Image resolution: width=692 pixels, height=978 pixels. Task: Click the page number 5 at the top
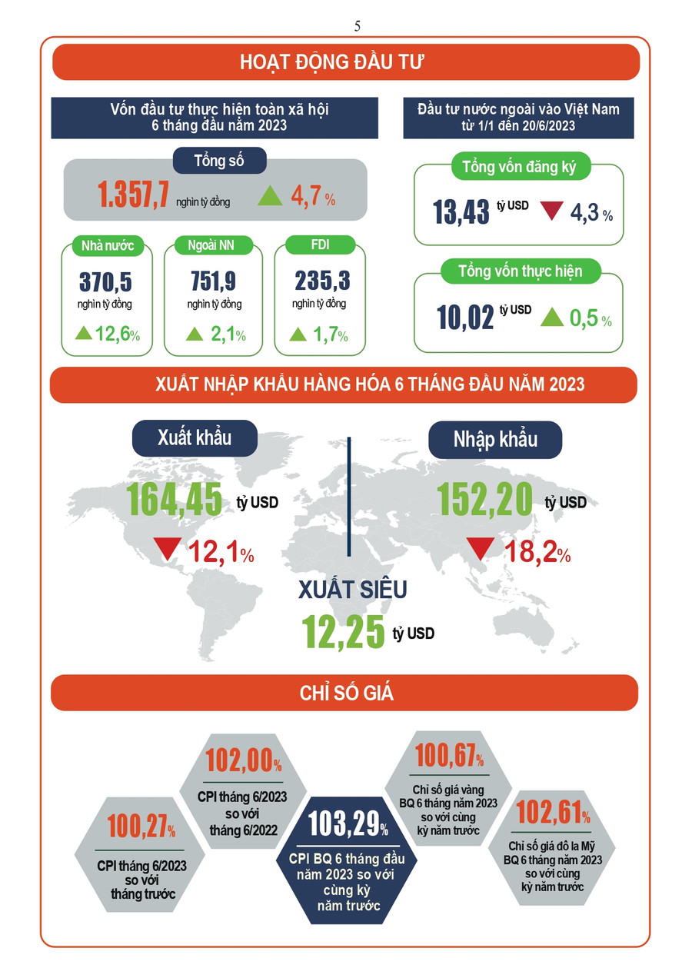pyautogui.click(x=358, y=26)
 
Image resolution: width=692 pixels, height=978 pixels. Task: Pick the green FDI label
pyautogui.click(x=320, y=245)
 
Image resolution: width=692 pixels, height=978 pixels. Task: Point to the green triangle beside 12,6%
pyautogui.click(x=83, y=334)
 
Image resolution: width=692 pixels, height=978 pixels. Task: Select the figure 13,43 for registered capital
pyautogui.click(x=461, y=211)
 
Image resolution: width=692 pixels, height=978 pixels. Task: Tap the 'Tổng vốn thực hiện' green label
pyautogui.click(x=520, y=271)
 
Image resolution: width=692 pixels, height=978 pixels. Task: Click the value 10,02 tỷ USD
pyautogui.click(x=465, y=317)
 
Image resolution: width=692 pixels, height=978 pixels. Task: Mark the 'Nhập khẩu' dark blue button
pyautogui.click(x=495, y=440)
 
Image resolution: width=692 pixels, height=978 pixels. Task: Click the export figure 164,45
pyautogui.click(x=175, y=500)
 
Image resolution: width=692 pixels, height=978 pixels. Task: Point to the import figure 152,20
pyautogui.click(x=484, y=500)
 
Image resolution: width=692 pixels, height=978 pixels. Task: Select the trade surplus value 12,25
pyautogui.click(x=343, y=632)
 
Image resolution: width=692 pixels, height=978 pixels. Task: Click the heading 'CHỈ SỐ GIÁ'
pyautogui.click(x=346, y=693)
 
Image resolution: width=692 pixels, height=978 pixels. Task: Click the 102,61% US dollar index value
pyautogui.click(x=553, y=812)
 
